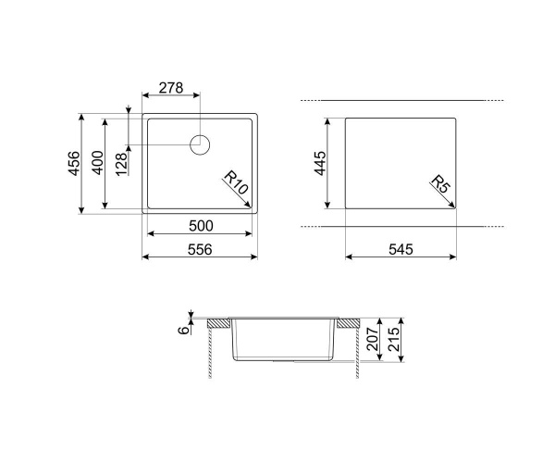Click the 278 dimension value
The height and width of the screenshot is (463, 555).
tap(171, 87)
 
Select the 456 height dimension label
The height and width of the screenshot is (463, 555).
tap(75, 163)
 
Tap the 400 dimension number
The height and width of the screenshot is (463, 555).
tap(98, 163)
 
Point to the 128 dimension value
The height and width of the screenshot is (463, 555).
tap(121, 164)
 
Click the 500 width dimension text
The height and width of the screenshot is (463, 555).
tap(201, 226)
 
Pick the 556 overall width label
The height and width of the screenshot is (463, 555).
tap(200, 249)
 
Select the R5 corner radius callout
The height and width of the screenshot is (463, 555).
tap(440, 184)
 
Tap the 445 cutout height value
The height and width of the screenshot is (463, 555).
tap(320, 163)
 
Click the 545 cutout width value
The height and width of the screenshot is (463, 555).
tap(401, 249)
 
